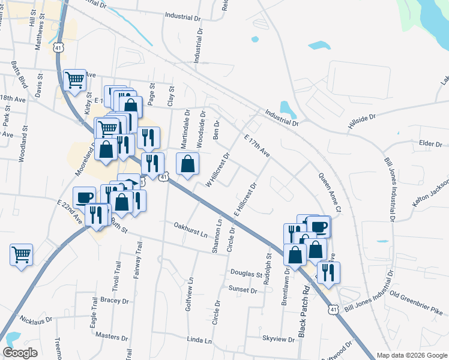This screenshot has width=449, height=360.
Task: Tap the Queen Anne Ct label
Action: [x=330, y=193]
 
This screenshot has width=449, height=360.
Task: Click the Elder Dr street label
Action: [x=430, y=143]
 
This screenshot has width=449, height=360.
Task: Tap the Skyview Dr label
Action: [x=279, y=339]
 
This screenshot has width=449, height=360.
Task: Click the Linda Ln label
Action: [x=200, y=340]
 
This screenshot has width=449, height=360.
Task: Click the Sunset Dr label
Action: [x=243, y=290]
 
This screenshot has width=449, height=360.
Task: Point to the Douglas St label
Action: [x=246, y=274]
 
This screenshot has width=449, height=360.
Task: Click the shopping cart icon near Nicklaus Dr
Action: [x=21, y=255]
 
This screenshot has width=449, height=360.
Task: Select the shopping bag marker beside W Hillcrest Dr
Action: [x=188, y=163]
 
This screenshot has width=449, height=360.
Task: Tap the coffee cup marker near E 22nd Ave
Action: [x=84, y=197]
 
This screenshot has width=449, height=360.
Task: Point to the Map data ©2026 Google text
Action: [x=411, y=355]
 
